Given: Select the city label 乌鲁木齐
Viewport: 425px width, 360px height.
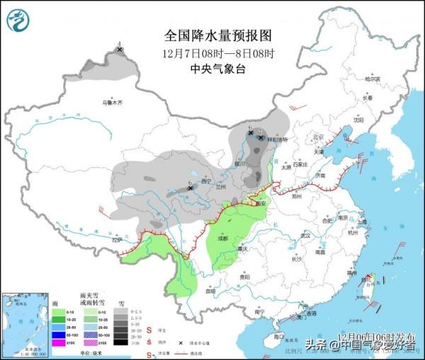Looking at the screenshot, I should (x=112, y=103).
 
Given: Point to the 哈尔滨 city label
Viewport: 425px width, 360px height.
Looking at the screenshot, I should (x=373, y=79).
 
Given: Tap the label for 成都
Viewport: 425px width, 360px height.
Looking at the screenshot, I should (x=223, y=238).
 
